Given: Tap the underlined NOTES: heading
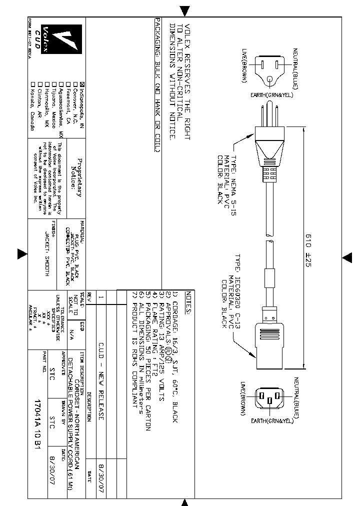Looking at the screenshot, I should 188,302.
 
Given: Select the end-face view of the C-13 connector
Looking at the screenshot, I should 269,398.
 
